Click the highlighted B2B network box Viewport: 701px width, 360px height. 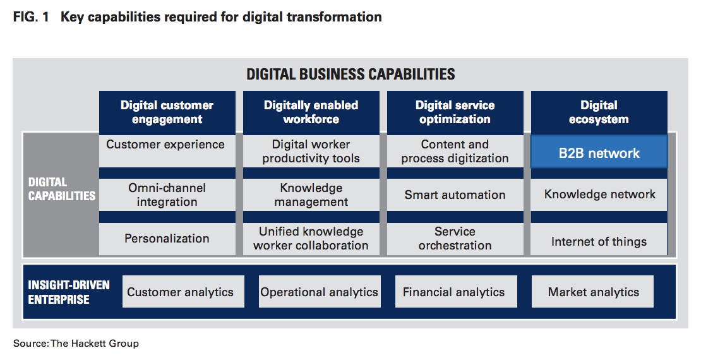[x=599, y=152]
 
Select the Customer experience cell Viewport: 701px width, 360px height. [x=167, y=151]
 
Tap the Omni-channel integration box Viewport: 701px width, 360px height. [x=167, y=195]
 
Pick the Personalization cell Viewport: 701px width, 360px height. [x=167, y=239]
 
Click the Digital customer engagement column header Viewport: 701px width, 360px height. [x=167, y=112]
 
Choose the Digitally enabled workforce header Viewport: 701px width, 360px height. [x=311, y=112]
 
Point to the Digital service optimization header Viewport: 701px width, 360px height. [x=455, y=112]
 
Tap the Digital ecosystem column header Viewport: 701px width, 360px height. [x=599, y=112]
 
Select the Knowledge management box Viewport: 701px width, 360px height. [x=311, y=195]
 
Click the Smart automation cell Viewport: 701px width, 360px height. [x=455, y=195]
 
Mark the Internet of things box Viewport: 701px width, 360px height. [x=599, y=239]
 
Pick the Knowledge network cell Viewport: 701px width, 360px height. [x=599, y=195]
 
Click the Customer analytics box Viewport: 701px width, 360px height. [x=183, y=292]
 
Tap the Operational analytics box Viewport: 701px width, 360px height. [x=320, y=292]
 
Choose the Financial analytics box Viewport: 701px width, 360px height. [x=456, y=292]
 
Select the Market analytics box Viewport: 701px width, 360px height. [x=592, y=292]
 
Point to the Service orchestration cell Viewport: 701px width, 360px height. [x=455, y=239]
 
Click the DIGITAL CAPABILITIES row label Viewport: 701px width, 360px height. [x=62, y=189]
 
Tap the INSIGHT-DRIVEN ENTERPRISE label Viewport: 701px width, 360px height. [x=68, y=292]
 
